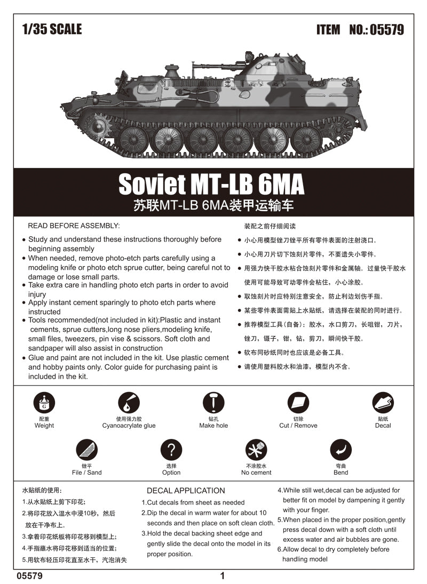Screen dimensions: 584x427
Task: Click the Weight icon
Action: pyautogui.click(x=44, y=404)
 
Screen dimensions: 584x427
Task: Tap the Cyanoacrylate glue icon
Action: pyautogui.click(x=129, y=403)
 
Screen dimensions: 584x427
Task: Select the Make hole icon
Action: pyautogui.click(x=213, y=403)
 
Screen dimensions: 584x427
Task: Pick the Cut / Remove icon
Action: pyautogui.click(x=298, y=403)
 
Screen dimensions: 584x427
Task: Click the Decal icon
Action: pyautogui.click(x=383, y=403)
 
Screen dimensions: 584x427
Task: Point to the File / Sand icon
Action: pyautogui.click(x=86, y=450)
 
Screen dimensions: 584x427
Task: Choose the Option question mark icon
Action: pyautogui.click(x=171, y=450)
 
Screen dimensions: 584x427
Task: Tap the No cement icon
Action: pyautogui.click(x=256, y=450)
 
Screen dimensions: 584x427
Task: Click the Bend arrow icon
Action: pyautogui.click(x=341, y=450)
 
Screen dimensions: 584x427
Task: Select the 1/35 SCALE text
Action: pyautogui.click(x=52, y=29)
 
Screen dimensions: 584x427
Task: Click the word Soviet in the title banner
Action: pyautogui.click(x=149, y=185)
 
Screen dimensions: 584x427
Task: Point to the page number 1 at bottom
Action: pyautogui.click(x=223, y=575)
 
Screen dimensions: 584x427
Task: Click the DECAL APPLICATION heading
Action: pyautogui.click(x=186, y=491)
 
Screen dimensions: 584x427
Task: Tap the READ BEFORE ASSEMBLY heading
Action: pyautogui.click(x=74, y=226)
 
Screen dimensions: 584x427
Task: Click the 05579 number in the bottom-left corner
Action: pyautogui.click(x=30, y=576)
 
